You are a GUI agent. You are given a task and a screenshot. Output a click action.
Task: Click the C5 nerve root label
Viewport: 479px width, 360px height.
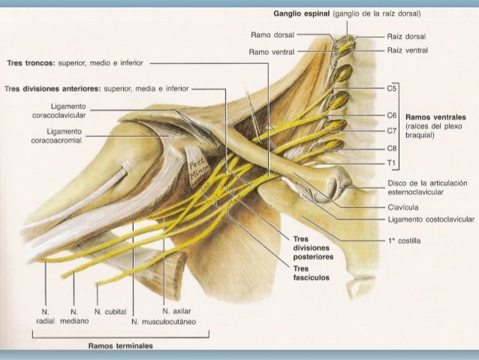click(x=391, y=88)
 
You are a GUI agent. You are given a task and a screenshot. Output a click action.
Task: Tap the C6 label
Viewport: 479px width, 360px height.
click(x=391, y=116)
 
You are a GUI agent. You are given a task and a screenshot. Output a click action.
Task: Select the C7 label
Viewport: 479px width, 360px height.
click(x=391, y=131)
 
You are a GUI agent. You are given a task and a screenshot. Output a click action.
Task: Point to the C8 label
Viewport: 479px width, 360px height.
click(x=391, y=149)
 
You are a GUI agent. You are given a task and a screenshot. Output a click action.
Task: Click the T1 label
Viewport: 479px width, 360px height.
click(x=391, y=162)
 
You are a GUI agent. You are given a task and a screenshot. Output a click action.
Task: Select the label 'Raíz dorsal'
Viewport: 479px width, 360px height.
click(x=406, y=36)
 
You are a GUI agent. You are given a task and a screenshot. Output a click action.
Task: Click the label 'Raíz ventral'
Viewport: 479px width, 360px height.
click(x=408, y=50)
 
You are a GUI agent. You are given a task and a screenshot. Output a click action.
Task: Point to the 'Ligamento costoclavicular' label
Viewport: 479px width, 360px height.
click(x=430, y=219)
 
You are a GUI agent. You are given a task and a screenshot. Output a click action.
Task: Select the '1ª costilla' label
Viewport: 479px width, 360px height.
click(x=404, y=241)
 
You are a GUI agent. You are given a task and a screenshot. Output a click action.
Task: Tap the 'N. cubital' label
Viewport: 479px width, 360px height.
click(x=110, y=309)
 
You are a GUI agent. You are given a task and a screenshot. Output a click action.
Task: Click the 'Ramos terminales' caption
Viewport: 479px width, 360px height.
click(x=120, y=346)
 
